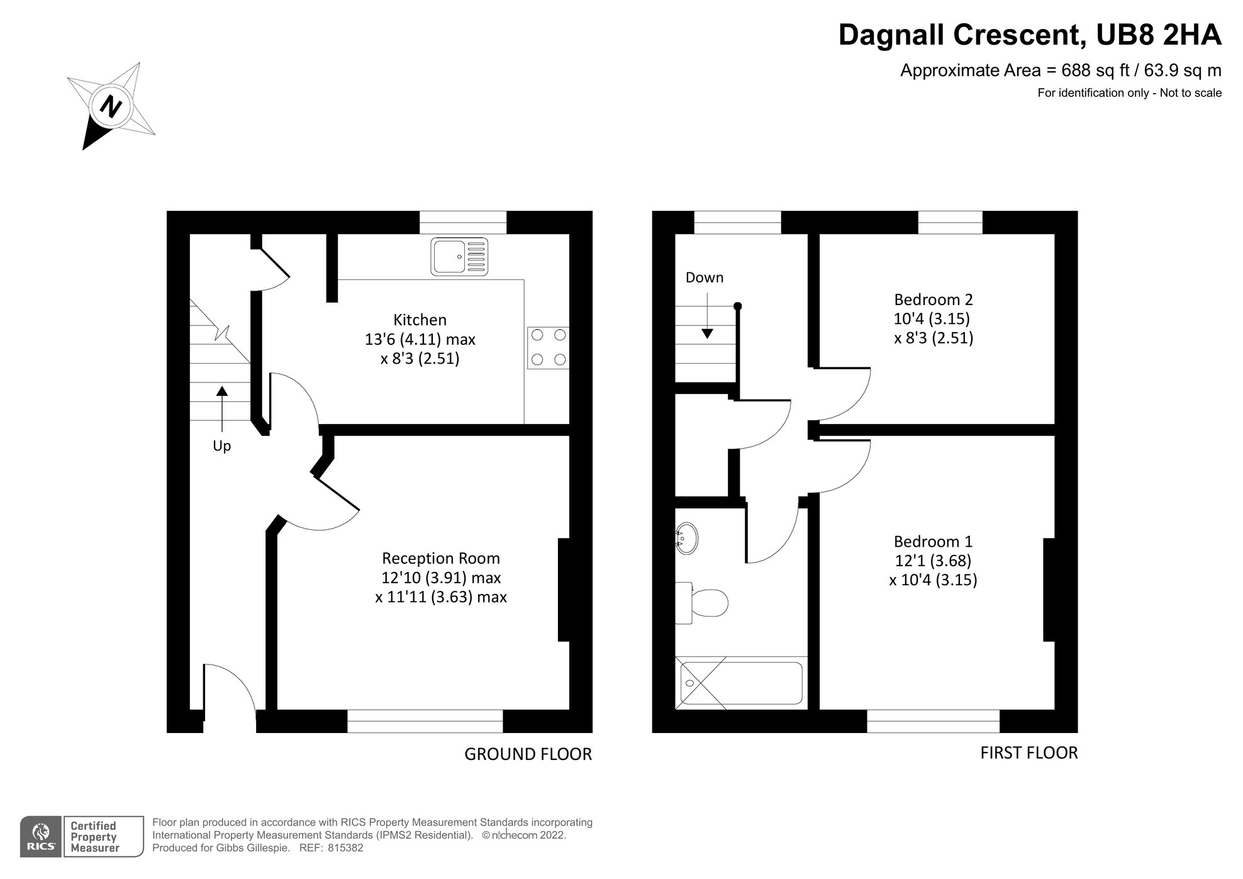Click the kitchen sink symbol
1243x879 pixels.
tap(459, 256)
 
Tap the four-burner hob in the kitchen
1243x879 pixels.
tap(548, 347)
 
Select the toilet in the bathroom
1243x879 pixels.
tap(701, 603)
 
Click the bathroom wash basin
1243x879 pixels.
tap(686, 538)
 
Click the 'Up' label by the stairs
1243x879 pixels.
tap(221, 446)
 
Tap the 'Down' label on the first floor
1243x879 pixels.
tap(705, 277)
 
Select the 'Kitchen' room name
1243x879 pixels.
tap(420, 320)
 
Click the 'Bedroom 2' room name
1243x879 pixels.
tap(934, 300)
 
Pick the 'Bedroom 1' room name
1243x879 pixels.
tap(933, 541)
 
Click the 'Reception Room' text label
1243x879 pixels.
tap(441, 558)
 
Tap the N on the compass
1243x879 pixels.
tap(112, 105)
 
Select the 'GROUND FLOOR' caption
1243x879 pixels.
tap(528, 754)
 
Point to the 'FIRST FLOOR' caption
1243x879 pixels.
tap(1029, 753)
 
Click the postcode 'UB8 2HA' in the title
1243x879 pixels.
tap(1159, 35)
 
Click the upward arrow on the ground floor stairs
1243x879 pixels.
tap(221, 408)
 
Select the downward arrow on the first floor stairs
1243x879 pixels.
tap(707, 313)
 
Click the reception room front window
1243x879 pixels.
tap(425, 721)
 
